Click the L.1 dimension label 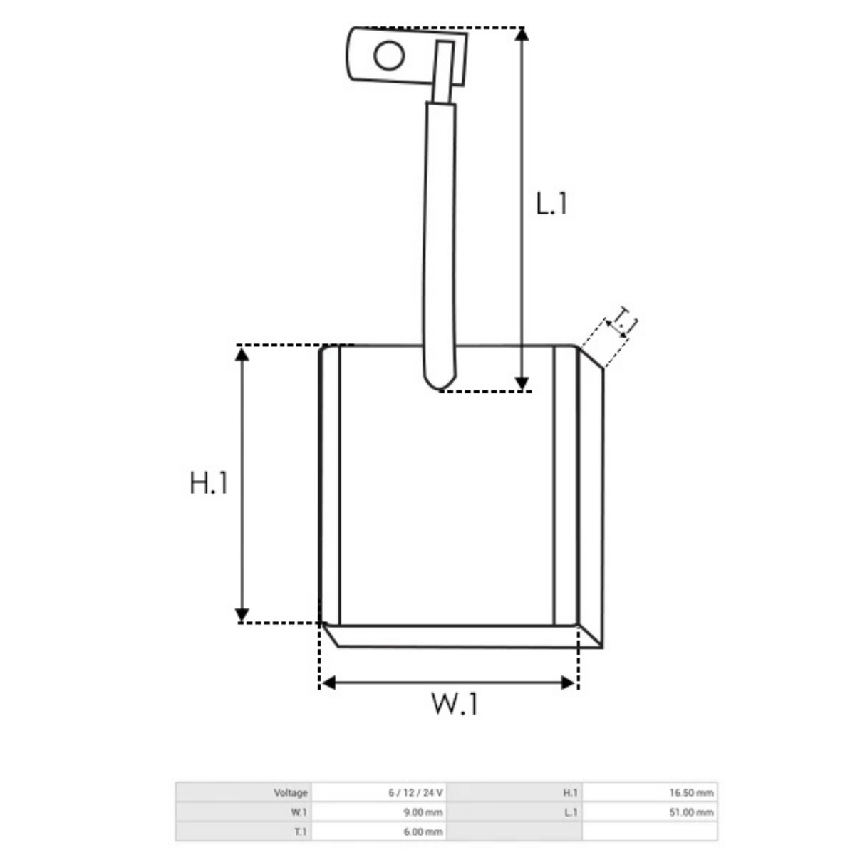coord(551,204)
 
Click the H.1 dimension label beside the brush coord(209,483)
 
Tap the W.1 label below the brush coord(455,704)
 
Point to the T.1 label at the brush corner coord(622,323)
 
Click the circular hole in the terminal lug coord(389,56)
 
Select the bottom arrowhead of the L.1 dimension coord(522,384)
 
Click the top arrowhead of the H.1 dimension coord(242,354)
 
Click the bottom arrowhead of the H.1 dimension coord(242,616)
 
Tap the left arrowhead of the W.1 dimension coord(328,683)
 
